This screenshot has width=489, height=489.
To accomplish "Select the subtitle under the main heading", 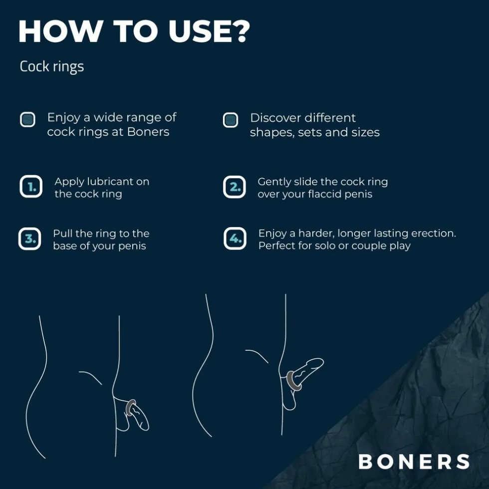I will coord(51,66).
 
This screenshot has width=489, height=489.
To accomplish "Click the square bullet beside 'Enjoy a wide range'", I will coord(27,120).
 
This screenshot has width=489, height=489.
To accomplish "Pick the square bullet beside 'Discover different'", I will coord(230,120).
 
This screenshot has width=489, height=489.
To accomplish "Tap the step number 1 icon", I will coord(31,188).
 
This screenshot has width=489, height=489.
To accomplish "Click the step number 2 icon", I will coord(234,188).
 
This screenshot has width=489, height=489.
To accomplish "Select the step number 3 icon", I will coord(29,239).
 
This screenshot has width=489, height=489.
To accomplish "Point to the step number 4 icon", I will coord(235,239).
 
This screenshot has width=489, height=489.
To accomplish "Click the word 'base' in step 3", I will coord(66,246).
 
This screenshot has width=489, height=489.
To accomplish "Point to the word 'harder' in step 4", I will coord(317,234).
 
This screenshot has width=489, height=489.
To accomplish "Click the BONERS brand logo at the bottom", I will coord(414,461).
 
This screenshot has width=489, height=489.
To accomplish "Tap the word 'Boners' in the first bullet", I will coord(148,132).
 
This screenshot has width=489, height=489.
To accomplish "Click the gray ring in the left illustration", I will coord(130,407).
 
